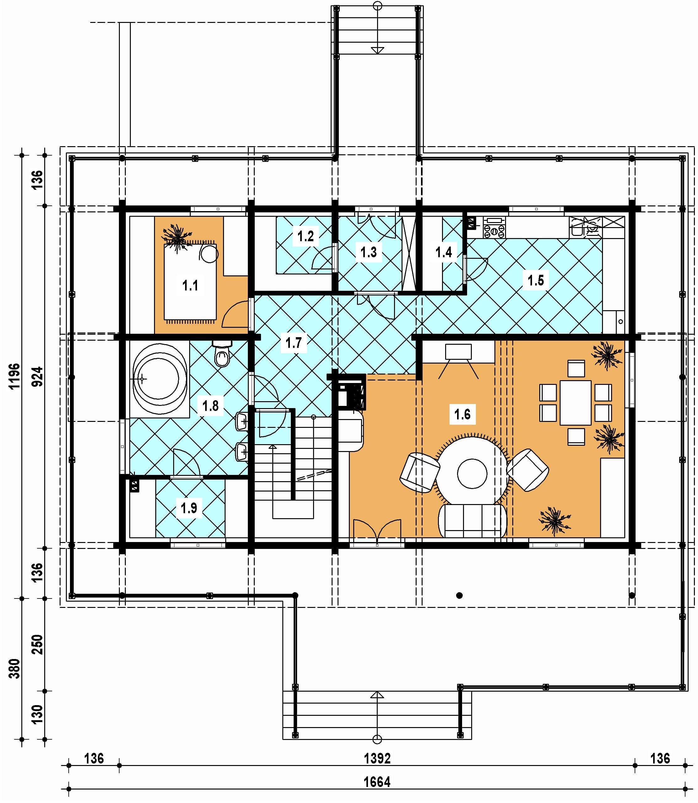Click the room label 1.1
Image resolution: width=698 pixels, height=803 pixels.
[190, 286]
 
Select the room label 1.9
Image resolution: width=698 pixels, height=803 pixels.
[189, 508]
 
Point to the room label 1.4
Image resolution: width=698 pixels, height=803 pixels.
[444, 253]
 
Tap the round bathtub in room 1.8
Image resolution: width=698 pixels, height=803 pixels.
[159, 379]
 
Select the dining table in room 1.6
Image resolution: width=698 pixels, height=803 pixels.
[575, 403]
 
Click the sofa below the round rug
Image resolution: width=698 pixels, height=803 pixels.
[472, 520]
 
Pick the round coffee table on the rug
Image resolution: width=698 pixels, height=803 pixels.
[472, 474]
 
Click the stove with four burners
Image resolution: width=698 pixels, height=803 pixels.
[494, 227]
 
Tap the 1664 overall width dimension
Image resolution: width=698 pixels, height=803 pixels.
[377, 782]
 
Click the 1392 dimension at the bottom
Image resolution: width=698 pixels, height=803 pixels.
[377, 758]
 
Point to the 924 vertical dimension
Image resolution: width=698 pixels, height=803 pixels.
[37, 376]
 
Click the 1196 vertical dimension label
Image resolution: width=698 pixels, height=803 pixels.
[14, 376]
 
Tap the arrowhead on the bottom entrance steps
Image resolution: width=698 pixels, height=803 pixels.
[377, 694]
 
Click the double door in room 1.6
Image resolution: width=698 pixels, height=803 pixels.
[377, 530]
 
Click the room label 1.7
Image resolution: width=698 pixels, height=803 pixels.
[293, 343]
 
